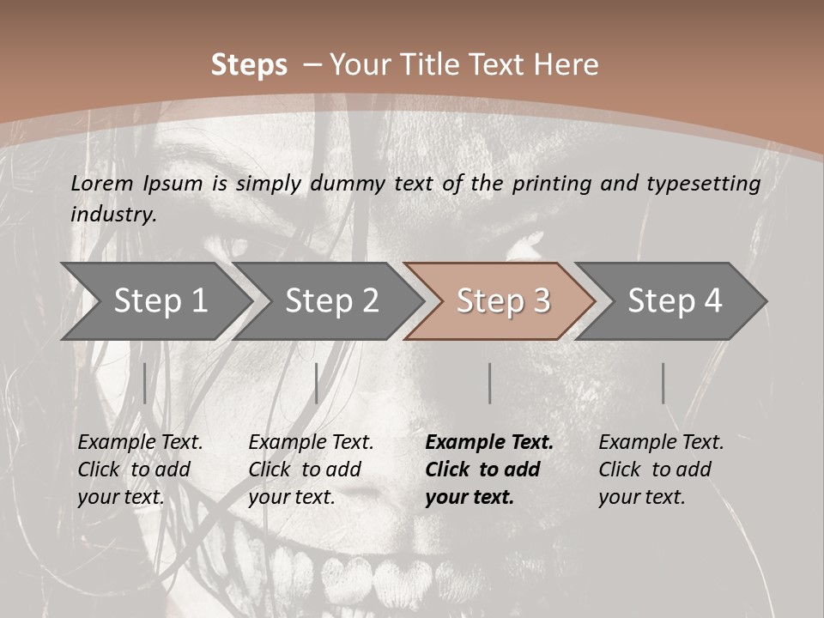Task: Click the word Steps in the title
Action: pos(249,65)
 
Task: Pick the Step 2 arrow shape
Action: pos(330,301)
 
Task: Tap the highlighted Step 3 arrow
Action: pos(502,301)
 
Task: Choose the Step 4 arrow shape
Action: pos(674,301)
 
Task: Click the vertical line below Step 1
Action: pos(144,383)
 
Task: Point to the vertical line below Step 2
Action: pos(317,383)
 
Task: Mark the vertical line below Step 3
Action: pos(489,383)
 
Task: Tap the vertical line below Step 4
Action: pos(663,383)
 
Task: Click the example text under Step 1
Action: pos(140,470)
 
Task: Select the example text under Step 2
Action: pos(311,470)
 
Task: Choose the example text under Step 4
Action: pos(661,470)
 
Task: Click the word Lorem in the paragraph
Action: pos(102,184)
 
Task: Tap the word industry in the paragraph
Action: pos(113,215)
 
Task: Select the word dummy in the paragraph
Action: pos(351,184)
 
